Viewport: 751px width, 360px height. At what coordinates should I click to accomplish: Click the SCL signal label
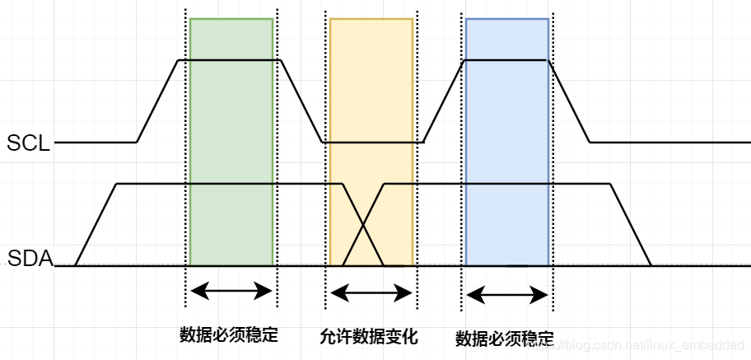(x=28, y=143)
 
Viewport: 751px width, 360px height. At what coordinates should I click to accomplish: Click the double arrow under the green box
(x=231, y=290)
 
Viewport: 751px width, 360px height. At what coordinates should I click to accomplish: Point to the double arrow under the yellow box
(x=371, y=293)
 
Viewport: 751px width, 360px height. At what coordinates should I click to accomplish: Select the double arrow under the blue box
(x=506, y=294)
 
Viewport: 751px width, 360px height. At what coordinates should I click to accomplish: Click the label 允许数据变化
(x=369, y=337)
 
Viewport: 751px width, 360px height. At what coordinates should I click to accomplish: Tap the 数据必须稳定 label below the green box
(x=229, y=335)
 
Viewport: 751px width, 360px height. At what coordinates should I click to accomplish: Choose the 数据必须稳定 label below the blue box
(x=504, y=339)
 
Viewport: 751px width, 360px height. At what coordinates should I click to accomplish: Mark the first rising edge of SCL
(x=157, y=101)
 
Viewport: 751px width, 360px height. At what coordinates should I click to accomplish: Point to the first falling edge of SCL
(x=301, y=101)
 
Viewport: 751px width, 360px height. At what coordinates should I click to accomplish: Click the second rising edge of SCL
(x=444, y=101)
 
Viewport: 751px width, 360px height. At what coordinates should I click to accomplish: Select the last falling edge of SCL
(x=569, y=101)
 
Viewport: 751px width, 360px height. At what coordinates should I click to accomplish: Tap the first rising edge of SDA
(x=96, y=225)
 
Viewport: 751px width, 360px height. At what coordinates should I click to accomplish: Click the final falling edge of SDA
(x=631, y=225)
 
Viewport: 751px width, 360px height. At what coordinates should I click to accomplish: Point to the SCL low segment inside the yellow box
(x=371, y=143)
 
